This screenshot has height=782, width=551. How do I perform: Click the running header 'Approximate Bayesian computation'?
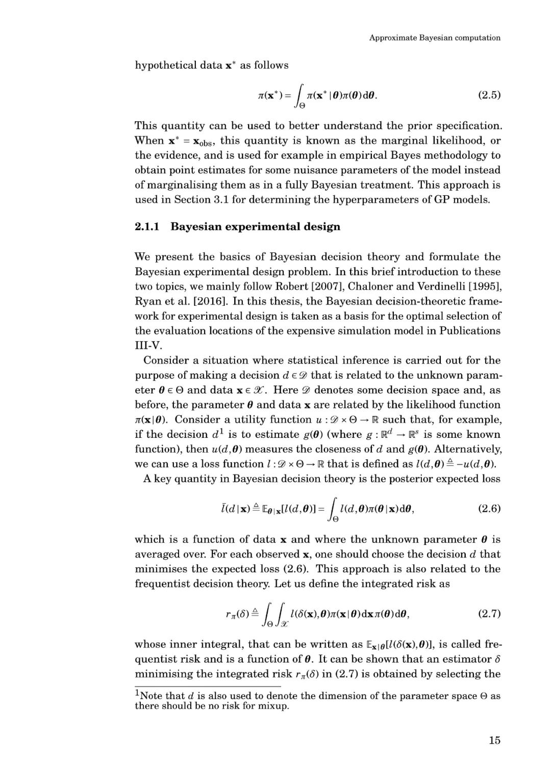pos(435,38)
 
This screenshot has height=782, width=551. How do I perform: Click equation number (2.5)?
pos(489,95)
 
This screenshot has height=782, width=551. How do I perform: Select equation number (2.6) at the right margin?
pos(489,508)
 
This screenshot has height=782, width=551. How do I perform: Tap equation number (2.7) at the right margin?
pos(489,614)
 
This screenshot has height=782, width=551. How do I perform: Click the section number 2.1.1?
pos(147,226)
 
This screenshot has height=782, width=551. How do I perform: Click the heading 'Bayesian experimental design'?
pos(255,226)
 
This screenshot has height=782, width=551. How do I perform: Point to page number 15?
pos(494,740)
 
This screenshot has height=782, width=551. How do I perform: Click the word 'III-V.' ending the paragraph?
pos(148,346)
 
